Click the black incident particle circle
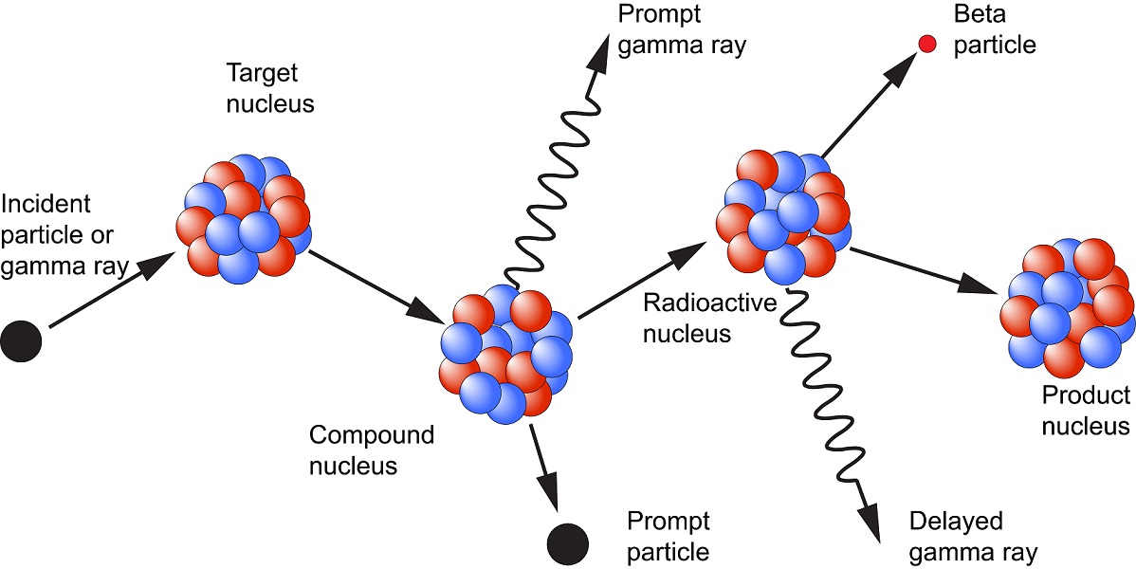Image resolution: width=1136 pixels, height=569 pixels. pos(22,340)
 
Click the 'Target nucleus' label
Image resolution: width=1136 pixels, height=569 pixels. pos(270,88)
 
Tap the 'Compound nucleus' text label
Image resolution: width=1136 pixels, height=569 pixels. pos(371,450)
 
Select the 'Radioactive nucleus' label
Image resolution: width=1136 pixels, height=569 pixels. pos(697,318)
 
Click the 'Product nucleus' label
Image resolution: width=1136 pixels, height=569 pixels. pos(1086,411)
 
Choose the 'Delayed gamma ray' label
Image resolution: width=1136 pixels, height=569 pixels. pos(972,537)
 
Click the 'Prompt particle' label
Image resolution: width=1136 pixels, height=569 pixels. pos(668,536)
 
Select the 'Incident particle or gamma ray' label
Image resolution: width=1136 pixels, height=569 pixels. pos(64,235)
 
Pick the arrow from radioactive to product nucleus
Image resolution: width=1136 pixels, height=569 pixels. pos(925,267)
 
